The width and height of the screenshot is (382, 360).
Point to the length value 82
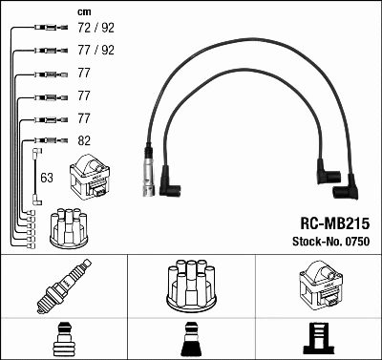click(x=84, y=139)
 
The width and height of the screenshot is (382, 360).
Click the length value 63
click(x=48, y=177)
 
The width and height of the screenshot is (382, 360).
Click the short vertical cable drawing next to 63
click(x=36, y=177)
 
